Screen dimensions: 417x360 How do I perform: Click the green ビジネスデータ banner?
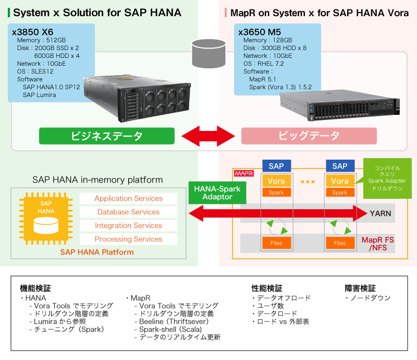click(107, 136)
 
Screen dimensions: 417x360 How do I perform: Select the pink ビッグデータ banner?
click(309, 136)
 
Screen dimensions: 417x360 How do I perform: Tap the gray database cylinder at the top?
click(209, 54)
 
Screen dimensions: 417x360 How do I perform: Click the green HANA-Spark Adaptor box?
click(217, 193)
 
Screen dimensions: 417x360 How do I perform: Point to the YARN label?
click(381, 213)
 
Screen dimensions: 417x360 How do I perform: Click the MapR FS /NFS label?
click(377, 244)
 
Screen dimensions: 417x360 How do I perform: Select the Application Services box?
click(128, 198)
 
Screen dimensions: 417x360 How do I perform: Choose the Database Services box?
click(128, 212)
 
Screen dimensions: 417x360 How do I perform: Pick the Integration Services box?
click(128, 225)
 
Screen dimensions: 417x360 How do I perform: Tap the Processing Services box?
click(128, 239)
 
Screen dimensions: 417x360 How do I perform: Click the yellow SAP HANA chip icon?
click(46, 218)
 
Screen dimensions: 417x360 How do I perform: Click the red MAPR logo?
click(244, 174)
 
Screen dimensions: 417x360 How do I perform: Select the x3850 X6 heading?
click(32, 32)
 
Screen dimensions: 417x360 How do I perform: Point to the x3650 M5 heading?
click(260, 32)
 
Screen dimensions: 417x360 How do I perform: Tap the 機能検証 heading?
click(35, 288)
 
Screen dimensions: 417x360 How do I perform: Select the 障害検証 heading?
click(360, 288)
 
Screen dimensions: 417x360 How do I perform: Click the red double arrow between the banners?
click(208, 136)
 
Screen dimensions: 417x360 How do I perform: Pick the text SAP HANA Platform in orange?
click(97, 252)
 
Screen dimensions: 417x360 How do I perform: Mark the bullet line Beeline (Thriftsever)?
click(171, 321)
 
